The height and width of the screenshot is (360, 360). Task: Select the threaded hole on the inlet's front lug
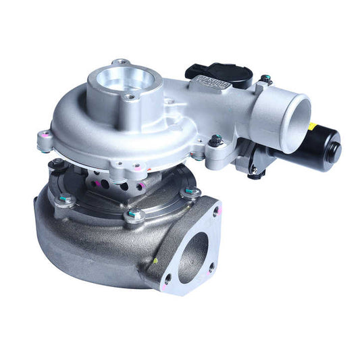click(x=132, y=98)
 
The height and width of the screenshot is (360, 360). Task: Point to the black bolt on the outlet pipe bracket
click(x=216, y=140)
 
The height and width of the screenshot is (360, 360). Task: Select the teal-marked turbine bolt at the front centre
click(x=134, y=215)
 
